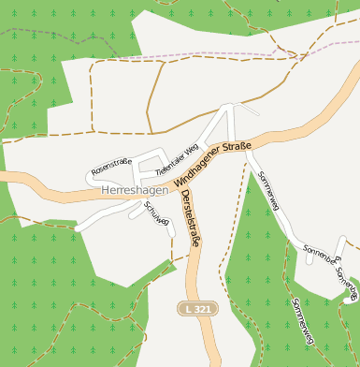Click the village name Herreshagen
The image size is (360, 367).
tap(134, 190)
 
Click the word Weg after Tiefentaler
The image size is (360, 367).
tap(192, 150)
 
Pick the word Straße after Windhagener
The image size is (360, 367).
tap(236, 147)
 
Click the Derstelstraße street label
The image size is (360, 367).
tap(191, 217)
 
